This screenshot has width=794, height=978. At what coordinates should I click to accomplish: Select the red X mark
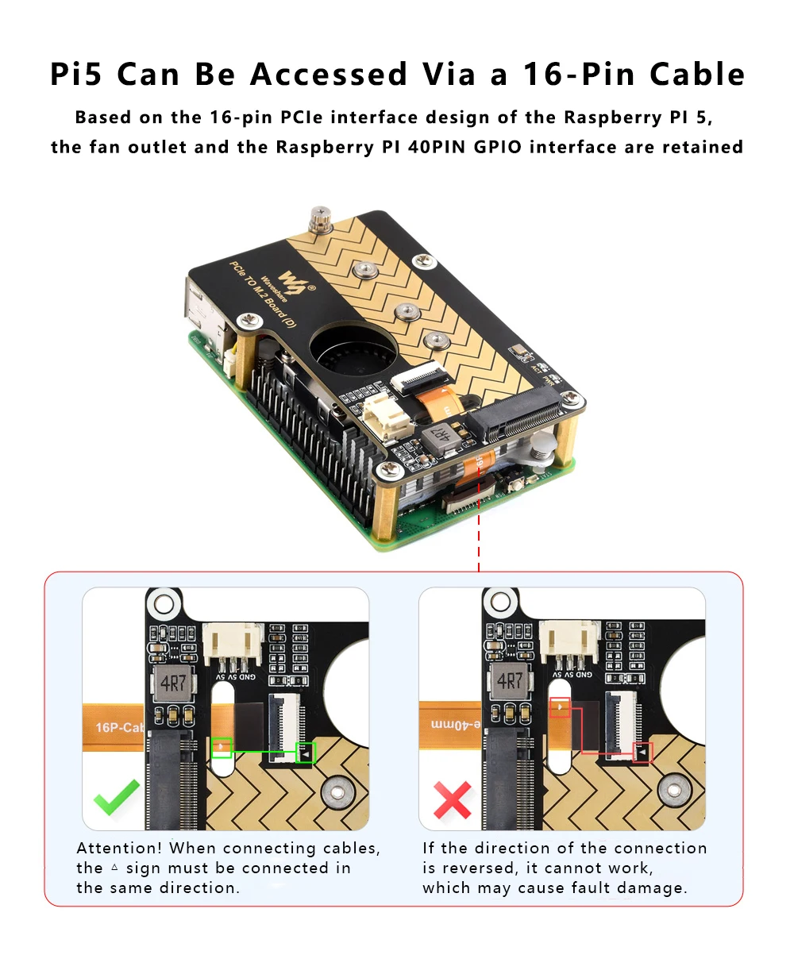point(452,799)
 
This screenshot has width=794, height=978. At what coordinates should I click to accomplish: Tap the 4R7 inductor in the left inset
point(172,683)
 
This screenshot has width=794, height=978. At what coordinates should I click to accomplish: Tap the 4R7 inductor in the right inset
point(509,681)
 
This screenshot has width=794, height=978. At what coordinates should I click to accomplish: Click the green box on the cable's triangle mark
point(222,747)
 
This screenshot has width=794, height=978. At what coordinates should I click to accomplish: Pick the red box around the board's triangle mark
point(642,752)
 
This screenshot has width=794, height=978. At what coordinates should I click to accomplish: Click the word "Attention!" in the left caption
point(119,849)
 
